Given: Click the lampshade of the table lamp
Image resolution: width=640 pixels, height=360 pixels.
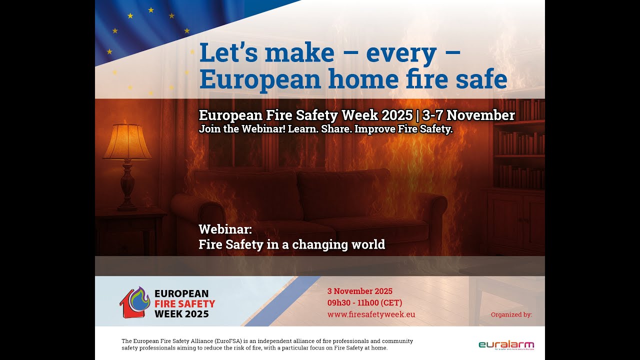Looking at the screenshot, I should [x=127, y=142].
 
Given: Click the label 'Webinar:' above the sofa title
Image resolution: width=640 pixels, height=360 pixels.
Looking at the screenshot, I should [x=225, y=229].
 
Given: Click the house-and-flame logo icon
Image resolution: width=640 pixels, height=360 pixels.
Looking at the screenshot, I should [x=135, y=302].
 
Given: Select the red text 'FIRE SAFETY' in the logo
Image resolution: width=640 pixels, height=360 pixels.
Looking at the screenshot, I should [x=184, y=303].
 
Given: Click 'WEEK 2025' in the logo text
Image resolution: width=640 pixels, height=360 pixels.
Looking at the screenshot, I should [x=181, y=314].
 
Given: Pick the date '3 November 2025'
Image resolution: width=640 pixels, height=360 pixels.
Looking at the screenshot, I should [x=360, y=291].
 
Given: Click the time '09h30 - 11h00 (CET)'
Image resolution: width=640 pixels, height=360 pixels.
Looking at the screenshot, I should [x=365, y=302].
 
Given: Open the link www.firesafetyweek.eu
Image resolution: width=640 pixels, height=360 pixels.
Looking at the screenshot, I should [x=371, y=314].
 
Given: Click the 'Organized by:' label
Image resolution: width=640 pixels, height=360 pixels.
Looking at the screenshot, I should [x=511, y=314].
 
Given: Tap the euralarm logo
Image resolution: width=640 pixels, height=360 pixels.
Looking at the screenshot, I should [x=506, y=344].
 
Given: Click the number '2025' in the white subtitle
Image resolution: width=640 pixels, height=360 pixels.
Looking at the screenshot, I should [x=397, y=115].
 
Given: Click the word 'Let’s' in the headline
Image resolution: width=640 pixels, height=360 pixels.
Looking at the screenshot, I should [x=224, y=53].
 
